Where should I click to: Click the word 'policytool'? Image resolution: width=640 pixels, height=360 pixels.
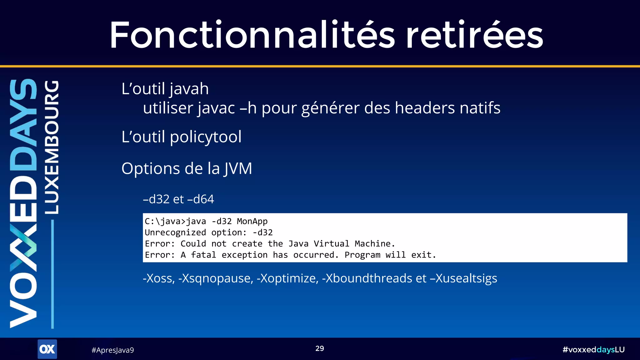coord(206,137)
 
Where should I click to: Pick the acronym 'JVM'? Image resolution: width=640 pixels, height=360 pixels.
coord(238,169)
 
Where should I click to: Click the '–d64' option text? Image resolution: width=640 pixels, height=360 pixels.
coord(200,199)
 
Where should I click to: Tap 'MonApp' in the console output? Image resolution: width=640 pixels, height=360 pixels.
coord(252,221)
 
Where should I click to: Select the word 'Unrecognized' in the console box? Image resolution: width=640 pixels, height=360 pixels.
coord(175,232)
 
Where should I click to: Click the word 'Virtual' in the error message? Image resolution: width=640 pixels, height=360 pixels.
coord(331,244)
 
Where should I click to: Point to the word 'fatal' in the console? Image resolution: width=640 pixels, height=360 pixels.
coord(203,255)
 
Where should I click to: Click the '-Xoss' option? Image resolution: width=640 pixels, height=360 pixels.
coord(159,278)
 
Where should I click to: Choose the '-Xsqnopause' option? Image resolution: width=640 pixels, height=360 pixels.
coord(216,278)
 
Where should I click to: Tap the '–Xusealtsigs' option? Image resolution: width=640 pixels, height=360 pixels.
coord(463,278)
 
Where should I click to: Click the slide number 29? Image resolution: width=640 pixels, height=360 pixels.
coord(320,348)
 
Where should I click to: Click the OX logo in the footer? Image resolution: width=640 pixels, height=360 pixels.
coord(47,349)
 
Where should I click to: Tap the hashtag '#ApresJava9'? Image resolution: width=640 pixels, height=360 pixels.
coord(112,350)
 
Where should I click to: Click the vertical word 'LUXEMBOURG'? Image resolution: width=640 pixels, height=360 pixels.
coord(52,147)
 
